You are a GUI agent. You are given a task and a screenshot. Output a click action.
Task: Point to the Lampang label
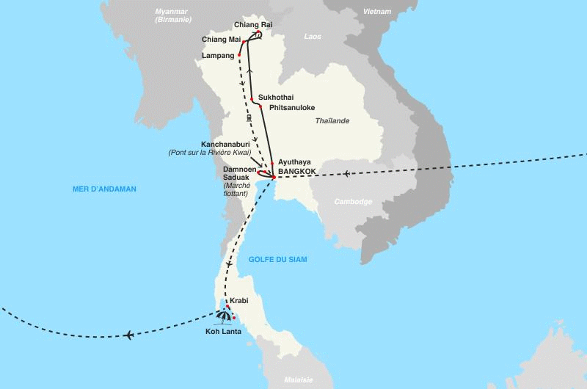tap(218, 55)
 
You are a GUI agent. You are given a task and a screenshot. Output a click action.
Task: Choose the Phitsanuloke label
tap(292, 107)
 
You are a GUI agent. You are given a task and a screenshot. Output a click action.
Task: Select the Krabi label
tap(239, 301)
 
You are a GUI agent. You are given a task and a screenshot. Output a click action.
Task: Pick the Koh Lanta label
tap(224, 331)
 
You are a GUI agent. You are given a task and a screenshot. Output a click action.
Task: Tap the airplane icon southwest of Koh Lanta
tap(129, 335)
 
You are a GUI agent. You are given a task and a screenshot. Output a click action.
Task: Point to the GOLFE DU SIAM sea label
tap(277, 260)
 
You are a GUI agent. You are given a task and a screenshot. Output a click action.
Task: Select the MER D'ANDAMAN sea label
tap(105, 189)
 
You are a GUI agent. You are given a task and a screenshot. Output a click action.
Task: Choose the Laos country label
tap(313, 36)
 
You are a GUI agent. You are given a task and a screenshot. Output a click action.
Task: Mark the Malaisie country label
tap(299, 379)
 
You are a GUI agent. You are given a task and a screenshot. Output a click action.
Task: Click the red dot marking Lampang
tap(239, 55)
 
